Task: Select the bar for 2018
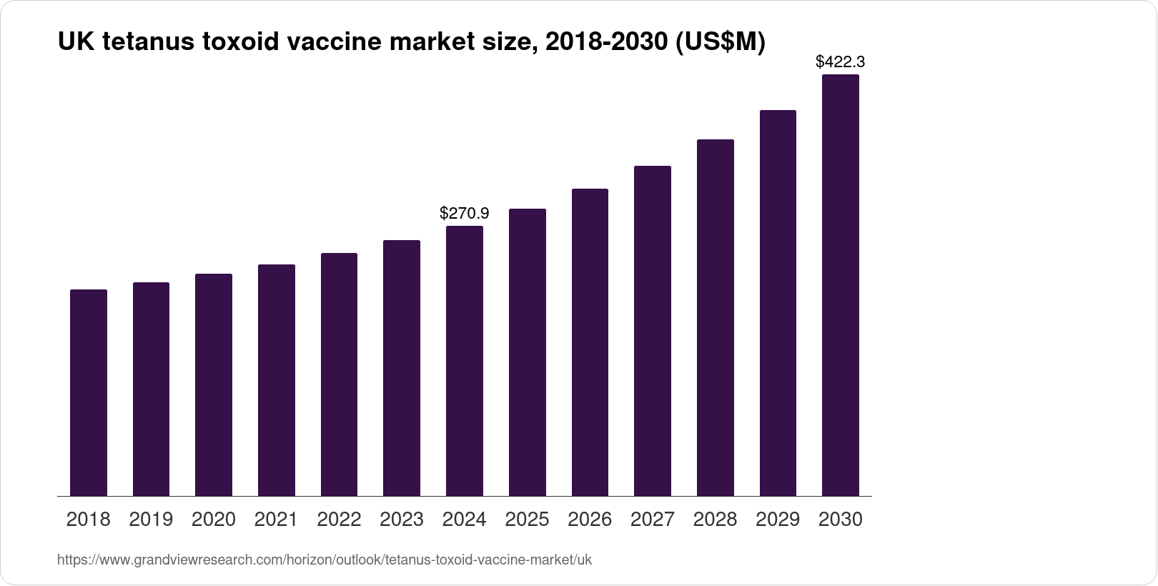[x=89, y=392]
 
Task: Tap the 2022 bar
[x=339, y=374]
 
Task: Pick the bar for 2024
[x=465, y=361]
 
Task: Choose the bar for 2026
[x=590, y=342]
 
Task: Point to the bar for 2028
[x=716, y=317]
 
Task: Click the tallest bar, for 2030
[x=841, y=285]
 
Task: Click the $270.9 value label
[x=465, y=213]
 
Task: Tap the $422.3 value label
[x=841, y=61]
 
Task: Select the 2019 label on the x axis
[x=151, y=520]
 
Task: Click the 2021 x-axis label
[x=276, y=520]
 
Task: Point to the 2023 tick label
[x=402, y=520]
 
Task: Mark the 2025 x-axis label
[x=527, y=520]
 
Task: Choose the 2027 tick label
[x=653, y=520]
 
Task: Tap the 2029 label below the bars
[x=778, y=520]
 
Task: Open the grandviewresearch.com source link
[x=325, y=560]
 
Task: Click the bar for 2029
[x=778, y=303]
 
